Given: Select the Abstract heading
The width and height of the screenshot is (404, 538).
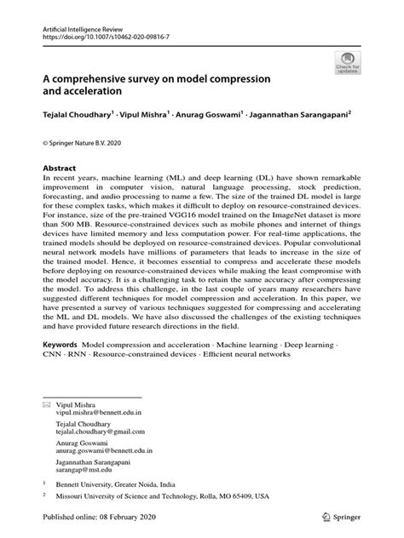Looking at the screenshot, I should click(x=61, y=169).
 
